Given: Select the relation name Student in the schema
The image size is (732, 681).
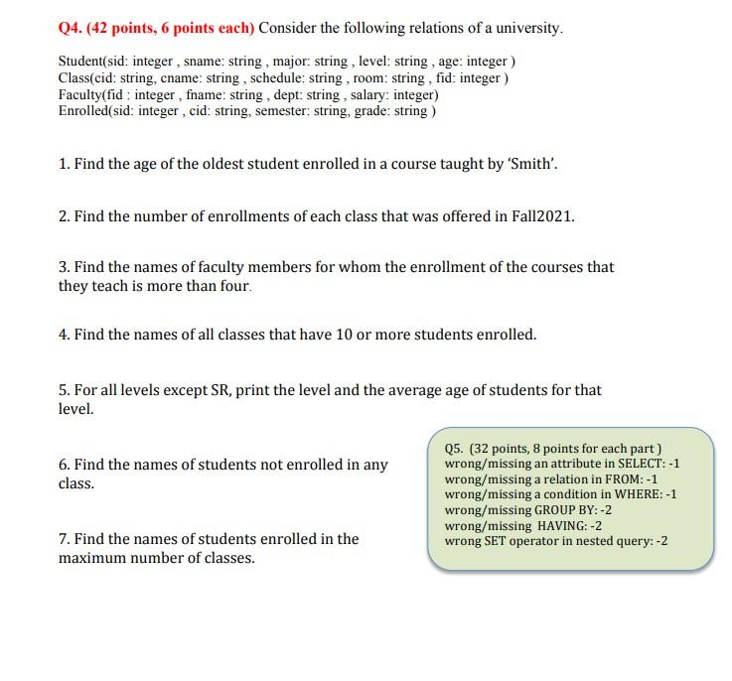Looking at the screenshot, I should pyautogui.click(x=81, y=62).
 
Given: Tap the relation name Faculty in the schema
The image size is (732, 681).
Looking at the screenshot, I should pyautogui.click(x=80, y=95).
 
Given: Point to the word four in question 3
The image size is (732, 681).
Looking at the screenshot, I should pyautogui.click(x=233, y=286).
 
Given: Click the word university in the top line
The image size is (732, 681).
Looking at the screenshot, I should pyautogui.click(x=533, y=28).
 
